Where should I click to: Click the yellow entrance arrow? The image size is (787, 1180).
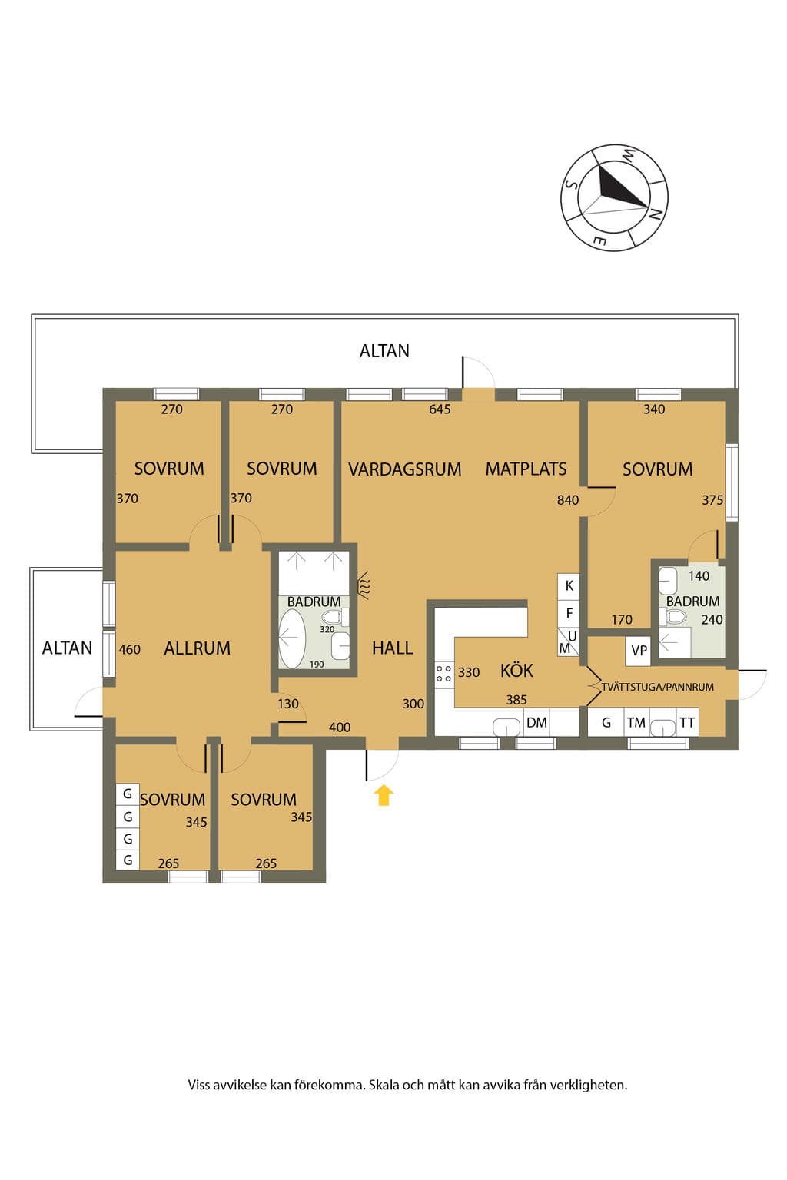coord(384,795)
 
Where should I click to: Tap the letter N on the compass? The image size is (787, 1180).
coord(654,214)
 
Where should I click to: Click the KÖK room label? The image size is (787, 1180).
coord(516,670)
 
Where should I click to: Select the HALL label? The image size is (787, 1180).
coord(392,648)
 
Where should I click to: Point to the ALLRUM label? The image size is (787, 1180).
coord(198,648)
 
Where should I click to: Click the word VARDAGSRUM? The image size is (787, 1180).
coord(404,469)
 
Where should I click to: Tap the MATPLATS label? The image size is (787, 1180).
coord(526,469)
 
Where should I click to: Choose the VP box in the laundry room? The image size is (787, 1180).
coord(639,651)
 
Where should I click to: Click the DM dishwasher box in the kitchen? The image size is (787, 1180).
coord(536,722)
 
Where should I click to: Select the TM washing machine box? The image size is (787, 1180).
coord(636,722)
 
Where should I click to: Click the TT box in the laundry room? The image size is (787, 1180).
coord(687,722)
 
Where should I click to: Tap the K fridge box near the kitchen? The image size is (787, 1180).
coord(569,586)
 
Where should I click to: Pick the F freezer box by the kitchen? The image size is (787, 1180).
coord(569,613)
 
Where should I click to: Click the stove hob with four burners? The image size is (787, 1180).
coord(444,674)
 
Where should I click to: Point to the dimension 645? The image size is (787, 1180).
coord(440,409)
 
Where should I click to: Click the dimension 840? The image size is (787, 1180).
coord(568,500)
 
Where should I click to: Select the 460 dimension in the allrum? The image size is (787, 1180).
coord(130,649)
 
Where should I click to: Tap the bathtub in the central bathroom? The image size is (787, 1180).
coord(291,638)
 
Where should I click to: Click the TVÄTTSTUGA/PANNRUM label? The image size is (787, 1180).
coord(658,687)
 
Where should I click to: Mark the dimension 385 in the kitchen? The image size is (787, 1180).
coord(516,700)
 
